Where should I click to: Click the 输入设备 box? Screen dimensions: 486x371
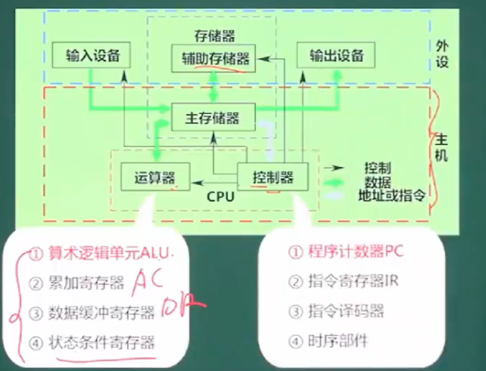coord(92,56)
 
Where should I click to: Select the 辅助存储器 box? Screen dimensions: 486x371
coord(215,58)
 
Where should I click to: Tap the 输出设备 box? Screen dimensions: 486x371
coord(336,55)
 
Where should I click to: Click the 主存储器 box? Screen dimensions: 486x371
coord(212,118)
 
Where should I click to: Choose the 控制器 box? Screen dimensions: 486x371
coord(272,177)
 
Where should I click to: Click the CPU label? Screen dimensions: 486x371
coord(220,196)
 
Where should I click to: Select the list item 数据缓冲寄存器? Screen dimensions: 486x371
coord(101,313)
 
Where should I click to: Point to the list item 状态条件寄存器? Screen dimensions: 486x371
coord(101,342)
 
